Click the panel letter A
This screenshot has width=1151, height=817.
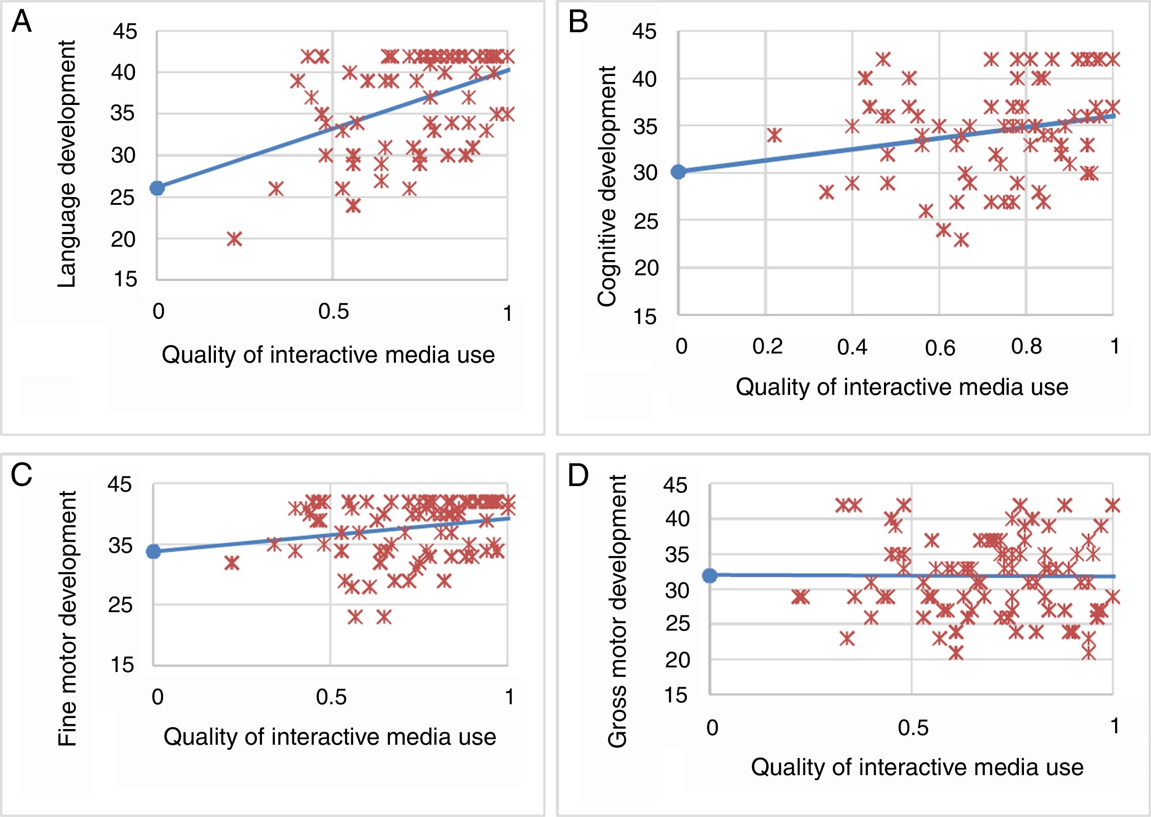(x=22, y=23)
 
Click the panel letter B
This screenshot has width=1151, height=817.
(x=578, y=23)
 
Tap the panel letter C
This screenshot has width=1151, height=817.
(x=22, y=475)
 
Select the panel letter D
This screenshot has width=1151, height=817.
(x=578, y=475)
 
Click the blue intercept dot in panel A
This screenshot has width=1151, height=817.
(x=157, y=188)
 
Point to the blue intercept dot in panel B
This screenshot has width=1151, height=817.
(x=679, y=172)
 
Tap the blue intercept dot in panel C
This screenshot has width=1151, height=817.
(x=153, y=551)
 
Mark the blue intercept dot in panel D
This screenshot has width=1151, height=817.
(x=710, y=575)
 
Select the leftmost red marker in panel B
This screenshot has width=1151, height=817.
(x=774, y=135)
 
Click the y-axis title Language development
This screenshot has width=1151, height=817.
(x=67, y=164)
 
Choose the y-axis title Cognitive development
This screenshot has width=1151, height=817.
(x=607, y=185)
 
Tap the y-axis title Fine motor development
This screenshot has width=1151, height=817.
(x=67, y=618)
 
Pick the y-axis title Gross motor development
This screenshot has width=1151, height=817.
(x=617, y=611)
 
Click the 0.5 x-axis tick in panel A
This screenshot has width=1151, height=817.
(x=333, y=312)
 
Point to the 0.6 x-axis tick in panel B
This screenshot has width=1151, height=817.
(x=940, y=348)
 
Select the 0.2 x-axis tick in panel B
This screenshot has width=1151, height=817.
(x=767, y=347)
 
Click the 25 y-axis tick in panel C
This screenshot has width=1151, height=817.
(x=120, y=605)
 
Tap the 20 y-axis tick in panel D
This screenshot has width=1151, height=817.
(x=677, y=660)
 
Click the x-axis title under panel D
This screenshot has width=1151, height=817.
(x=917, y=767)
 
